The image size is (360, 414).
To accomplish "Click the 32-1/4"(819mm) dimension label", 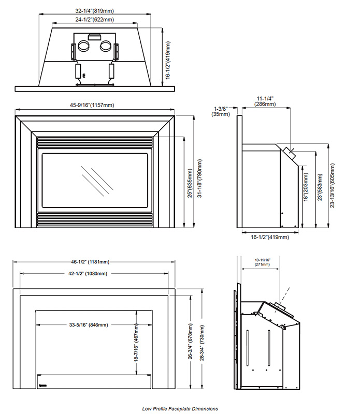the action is (x=95, y=11).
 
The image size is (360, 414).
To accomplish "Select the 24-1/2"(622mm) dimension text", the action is (x=95, y=20).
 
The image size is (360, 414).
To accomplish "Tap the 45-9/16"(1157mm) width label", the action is (x=92, y=105).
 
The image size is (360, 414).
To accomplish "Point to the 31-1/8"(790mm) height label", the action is (x=200, y=178).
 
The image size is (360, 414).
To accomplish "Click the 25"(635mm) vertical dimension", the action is (x=190, y=184).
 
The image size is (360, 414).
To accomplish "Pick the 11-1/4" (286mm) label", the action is (x=265, y=101).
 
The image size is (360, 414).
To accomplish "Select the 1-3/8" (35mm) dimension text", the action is (x=221, y=111).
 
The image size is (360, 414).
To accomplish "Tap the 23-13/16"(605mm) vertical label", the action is (x=332, y=185).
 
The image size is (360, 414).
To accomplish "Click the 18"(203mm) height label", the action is (x=306, y=187).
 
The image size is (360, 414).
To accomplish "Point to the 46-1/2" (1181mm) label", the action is (x=90, y=262).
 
